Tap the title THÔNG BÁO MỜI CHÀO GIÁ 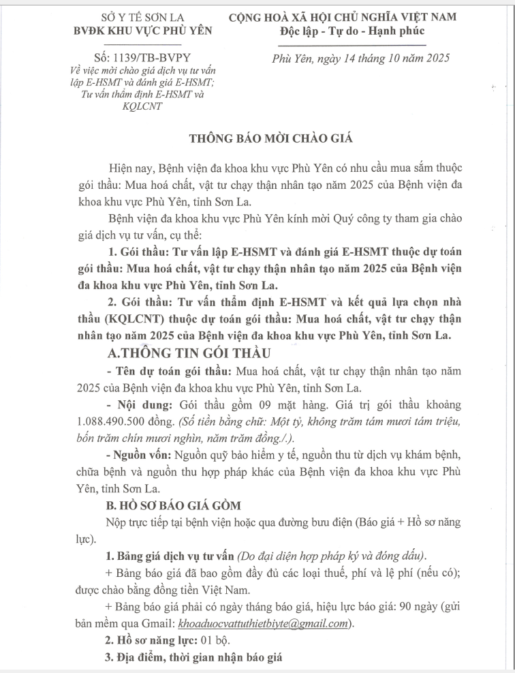pyautogui.click(x=257, y=138)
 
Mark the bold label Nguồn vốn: pyautogui.click(x=139, y=455)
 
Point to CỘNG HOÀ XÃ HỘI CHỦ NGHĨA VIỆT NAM pyautogui.click(x=352, y=17)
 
